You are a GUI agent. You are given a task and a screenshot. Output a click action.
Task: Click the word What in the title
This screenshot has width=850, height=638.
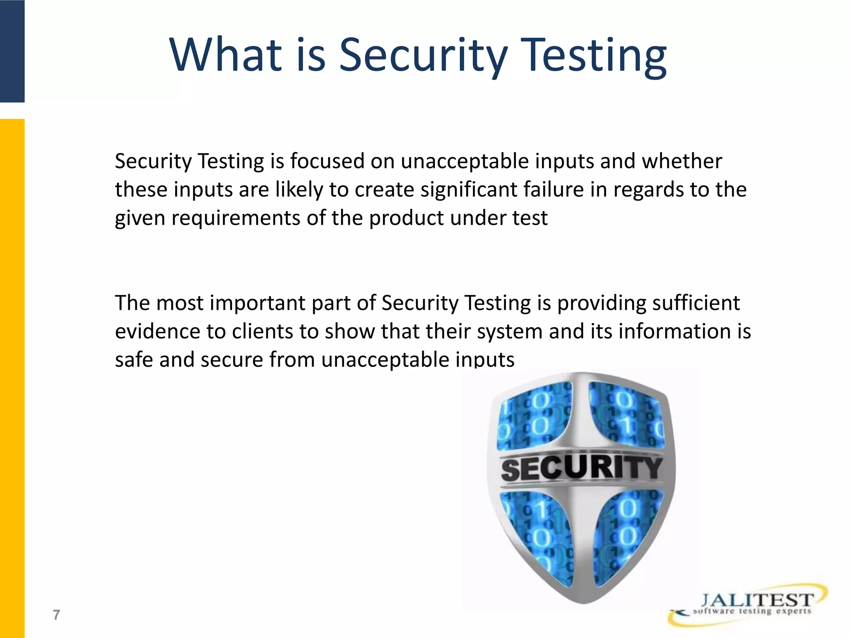[226, 55]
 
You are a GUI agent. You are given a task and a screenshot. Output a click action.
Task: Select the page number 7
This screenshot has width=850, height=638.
[56, 615]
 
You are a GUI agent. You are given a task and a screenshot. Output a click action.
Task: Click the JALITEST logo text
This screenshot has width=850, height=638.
[757, 600]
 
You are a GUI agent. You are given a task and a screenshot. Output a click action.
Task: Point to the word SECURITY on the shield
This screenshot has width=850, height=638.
[581, 469]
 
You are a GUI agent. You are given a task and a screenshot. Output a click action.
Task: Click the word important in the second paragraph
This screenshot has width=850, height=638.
[257, 303]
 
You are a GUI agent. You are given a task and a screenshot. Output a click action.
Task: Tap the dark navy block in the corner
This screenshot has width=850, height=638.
[12, 51]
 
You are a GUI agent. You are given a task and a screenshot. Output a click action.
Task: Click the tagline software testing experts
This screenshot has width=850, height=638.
[752, 611]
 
